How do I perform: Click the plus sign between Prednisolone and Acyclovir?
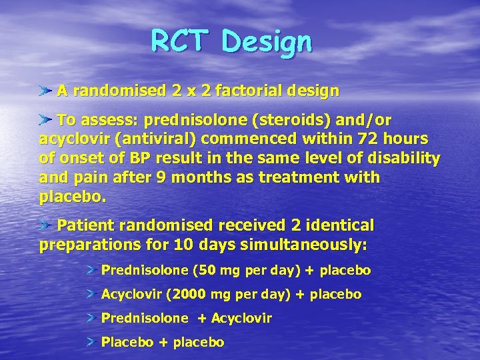coord(201,318)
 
